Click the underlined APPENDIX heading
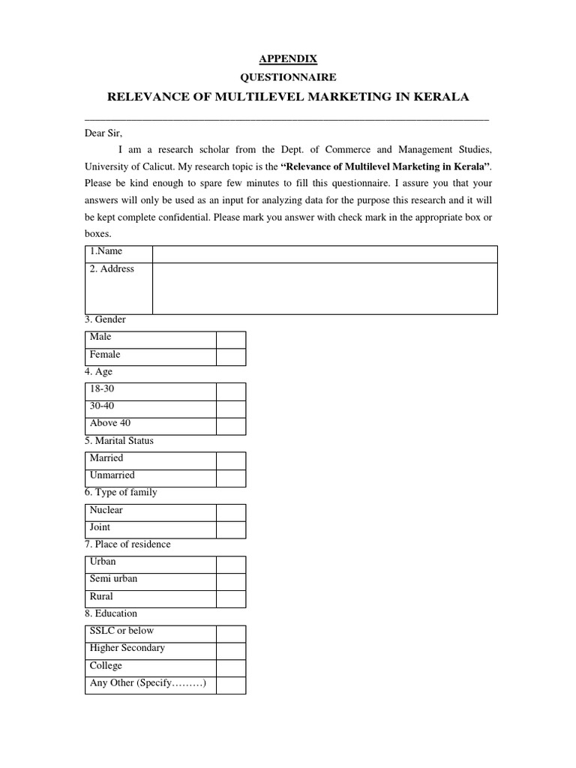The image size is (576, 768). coord(288,58)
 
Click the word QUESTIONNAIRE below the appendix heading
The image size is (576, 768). coord(288,76)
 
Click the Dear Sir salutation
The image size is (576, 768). coord(103,133)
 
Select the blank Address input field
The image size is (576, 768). coord(325,288)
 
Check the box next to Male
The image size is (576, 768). coord(231,338)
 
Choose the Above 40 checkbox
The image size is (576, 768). coord(231,424)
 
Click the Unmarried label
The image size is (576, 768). coord(112,475)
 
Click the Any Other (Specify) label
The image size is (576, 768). coord(147,683)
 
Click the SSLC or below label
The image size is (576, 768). coord(121,631)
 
